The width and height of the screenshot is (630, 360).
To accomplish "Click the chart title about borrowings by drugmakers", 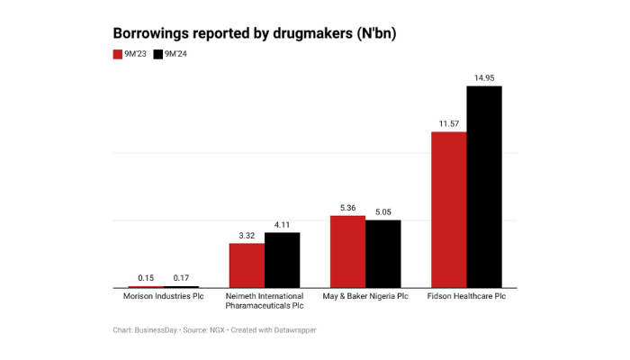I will (254, 33).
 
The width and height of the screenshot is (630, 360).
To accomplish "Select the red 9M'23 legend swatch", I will (117, 55).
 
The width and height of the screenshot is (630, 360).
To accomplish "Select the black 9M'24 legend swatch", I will (157, 55).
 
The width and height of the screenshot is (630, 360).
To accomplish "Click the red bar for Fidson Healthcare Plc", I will (449, 210).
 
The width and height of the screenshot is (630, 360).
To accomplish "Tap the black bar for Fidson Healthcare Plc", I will (483, 187).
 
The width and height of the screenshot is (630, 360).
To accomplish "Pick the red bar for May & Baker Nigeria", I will (347, 252).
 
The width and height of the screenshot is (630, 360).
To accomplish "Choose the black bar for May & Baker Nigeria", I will (382, 254).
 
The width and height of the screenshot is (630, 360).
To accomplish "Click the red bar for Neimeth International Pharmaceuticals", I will (247, 265).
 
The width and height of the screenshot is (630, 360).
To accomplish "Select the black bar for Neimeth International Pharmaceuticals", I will (282, 260).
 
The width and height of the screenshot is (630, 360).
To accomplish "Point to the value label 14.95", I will (483, 78).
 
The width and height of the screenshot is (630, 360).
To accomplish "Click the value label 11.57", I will (449, 124).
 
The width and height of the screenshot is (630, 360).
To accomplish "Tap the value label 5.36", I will (347, 208).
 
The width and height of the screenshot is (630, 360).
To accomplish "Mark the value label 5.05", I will (382, 212).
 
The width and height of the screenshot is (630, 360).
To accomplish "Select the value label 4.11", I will (282, 225).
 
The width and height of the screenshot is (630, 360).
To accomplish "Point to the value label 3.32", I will (247, 236).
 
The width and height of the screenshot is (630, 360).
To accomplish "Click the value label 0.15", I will (145, 278).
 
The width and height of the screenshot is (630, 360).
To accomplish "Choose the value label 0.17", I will (180, 278).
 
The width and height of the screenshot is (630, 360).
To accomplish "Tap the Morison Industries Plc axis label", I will (163, 296).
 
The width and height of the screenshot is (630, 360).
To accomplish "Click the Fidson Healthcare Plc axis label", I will (466, 296).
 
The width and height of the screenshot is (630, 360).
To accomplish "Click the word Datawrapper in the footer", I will (293, 330).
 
